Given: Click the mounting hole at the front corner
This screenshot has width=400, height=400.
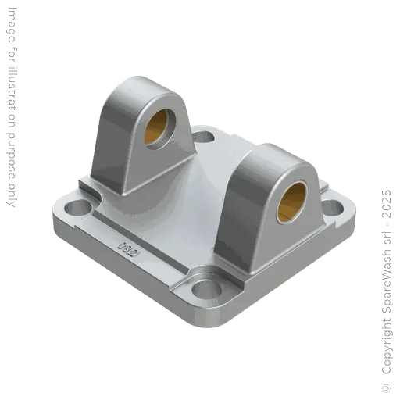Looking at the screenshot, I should [x=205, y=287].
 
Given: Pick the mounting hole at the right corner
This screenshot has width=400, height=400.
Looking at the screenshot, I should [x=331, y=208].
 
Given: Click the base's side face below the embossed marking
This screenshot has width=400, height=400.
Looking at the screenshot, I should [x=117, y=273].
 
